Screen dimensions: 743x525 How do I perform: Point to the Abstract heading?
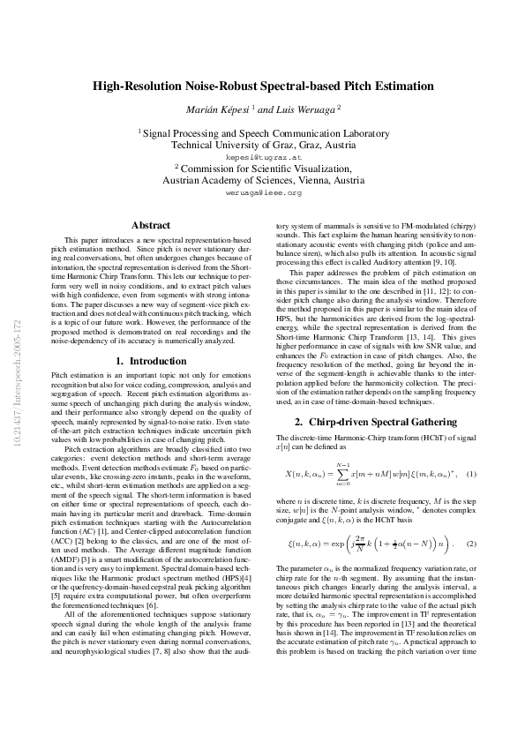tap(150, 226)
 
